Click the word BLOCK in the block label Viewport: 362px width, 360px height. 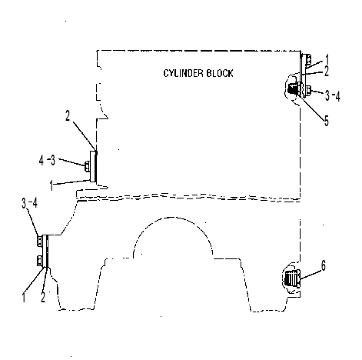click(x=220, y=73)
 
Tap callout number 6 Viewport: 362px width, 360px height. click(x=324, y=265)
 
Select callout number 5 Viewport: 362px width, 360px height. click(x=327, y=121)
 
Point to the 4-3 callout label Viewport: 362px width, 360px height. click(x=47, y=161)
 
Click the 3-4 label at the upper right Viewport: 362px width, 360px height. click(x=333, y=96)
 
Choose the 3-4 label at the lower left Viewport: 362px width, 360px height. click(x=29, y=203)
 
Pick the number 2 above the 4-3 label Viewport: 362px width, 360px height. click(x=68, y=115)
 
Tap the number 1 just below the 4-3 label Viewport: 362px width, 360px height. click(x=51, y=185)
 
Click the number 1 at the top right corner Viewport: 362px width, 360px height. click(x=327, y=59)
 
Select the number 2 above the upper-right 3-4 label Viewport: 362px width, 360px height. click(x=327, y=72)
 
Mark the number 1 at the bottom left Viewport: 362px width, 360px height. click(x=24, y=297)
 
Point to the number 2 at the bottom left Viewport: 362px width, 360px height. click(x=43, y=297)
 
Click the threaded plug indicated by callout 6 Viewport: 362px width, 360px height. click(x=293, y=278)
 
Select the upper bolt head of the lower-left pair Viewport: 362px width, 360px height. click(x=39, y=241)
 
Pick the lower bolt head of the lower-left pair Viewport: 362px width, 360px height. click(x=39, y=260)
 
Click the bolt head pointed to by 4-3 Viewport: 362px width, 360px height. click(x=88, y=166)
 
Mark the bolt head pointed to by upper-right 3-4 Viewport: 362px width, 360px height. click(x=308, y=90)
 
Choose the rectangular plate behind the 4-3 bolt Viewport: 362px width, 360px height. click(x=93, y=166)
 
